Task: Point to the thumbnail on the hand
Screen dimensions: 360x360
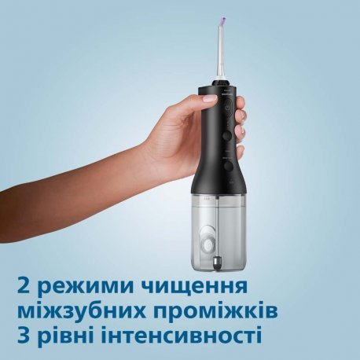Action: (x=209, y=100)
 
